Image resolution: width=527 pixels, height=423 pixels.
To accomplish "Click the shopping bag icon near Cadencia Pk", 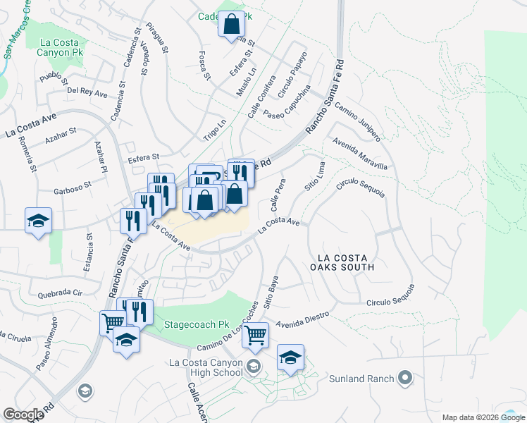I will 232,26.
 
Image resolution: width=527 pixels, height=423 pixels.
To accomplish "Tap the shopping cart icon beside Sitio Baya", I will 255,335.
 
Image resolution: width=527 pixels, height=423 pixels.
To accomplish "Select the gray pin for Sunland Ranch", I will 404,379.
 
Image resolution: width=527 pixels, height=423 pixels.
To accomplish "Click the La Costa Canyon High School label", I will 205,367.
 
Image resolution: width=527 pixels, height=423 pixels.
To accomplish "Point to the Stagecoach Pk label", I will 197,326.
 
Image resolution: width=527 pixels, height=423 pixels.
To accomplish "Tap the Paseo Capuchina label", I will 287,103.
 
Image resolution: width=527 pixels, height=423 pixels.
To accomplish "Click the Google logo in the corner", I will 23,415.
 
